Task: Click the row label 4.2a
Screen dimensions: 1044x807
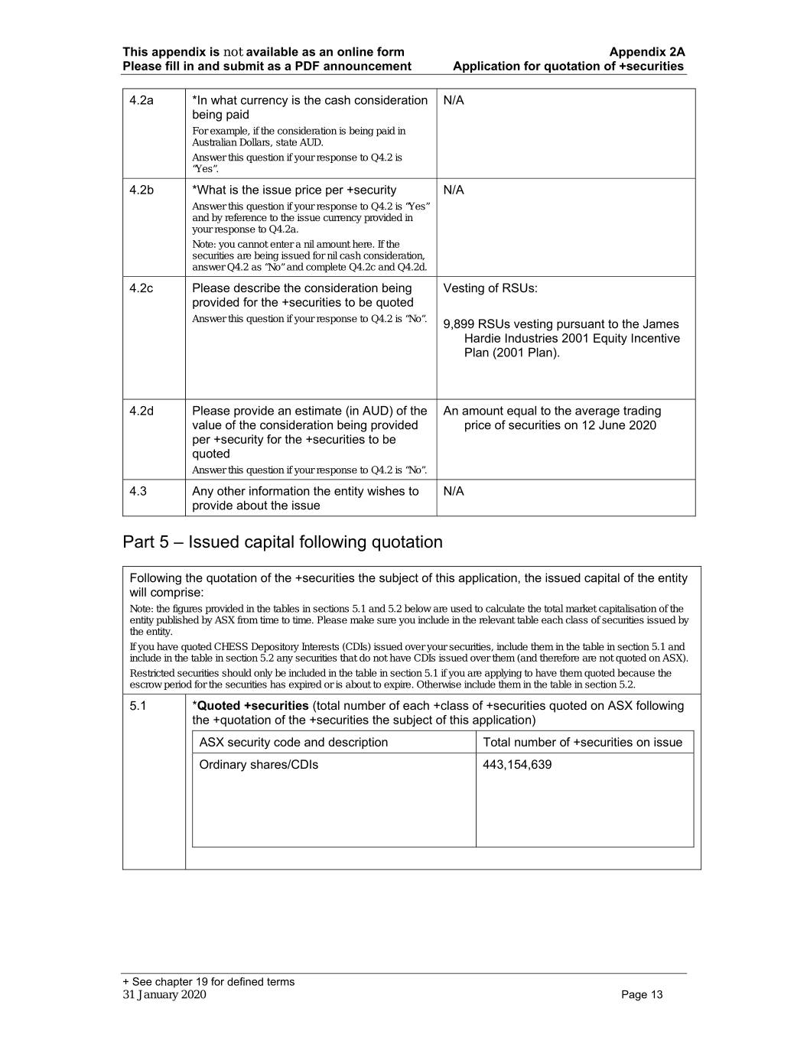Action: pos(141,101)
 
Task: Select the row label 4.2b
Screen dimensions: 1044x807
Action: pos(141,190)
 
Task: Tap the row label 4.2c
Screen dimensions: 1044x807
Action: pos(141,288)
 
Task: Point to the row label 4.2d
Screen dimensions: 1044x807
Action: pos(141,411)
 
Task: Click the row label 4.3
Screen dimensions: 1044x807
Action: pos(138,491)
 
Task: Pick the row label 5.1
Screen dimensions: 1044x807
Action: pos(138,706)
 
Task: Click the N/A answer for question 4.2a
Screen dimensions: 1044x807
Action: pos(454,101)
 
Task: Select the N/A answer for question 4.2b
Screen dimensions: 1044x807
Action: pos(454,190)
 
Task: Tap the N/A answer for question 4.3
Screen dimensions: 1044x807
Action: pos(454,491)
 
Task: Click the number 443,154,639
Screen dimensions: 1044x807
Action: pos(517,765)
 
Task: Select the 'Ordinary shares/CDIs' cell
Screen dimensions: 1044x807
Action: pos(259,765)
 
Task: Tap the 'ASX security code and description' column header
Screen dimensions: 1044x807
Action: pos(293,743)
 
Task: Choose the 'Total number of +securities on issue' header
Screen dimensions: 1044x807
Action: pos(582,743)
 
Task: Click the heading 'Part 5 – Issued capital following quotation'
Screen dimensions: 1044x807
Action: pos(282,542)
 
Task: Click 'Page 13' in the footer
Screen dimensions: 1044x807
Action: pos(642,995)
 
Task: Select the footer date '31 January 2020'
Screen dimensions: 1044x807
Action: pos(164,995)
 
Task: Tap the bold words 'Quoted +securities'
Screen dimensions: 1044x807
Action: pos(252,706)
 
